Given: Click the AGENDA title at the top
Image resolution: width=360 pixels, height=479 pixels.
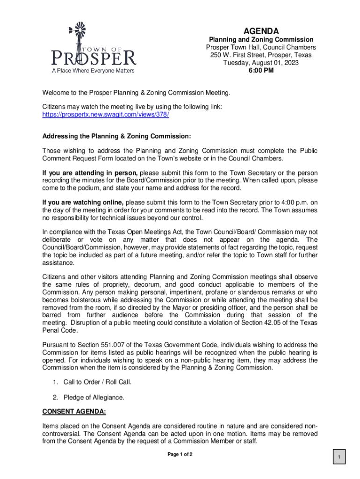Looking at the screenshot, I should [261, 30].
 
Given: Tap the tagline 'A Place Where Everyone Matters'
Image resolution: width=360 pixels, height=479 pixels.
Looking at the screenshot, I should [93, 71].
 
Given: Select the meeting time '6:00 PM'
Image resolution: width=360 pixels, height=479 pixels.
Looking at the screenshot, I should [261, 71].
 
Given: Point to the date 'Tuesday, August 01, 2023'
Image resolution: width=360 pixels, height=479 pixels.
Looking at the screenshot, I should [261, 63].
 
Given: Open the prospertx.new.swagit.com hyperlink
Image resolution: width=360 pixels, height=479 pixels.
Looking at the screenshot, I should [106, 114].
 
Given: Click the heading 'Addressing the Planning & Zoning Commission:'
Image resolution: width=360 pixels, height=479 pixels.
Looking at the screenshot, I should [116, 137].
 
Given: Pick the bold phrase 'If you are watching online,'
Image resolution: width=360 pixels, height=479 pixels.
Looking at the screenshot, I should [83, 203].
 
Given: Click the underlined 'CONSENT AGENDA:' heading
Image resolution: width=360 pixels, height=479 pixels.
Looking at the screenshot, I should [74, 412].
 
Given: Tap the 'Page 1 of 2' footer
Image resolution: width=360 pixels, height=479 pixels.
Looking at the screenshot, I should [180, 455].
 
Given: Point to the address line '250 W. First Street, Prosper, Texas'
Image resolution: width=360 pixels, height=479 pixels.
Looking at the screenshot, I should [261, 55].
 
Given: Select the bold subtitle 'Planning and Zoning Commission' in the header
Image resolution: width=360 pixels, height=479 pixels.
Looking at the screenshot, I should [261, 40].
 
